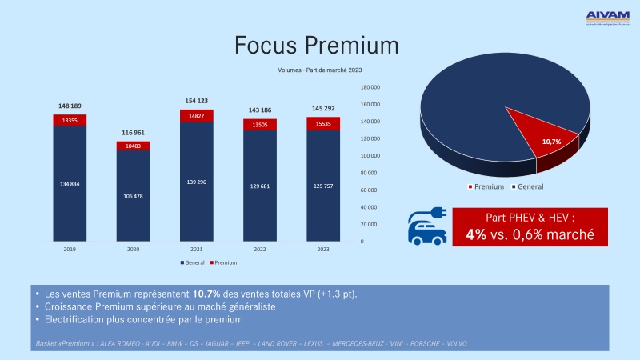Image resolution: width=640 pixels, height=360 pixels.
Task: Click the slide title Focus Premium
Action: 316,45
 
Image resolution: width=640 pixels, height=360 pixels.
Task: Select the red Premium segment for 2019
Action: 70,120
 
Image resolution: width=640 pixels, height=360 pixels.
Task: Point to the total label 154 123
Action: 196,101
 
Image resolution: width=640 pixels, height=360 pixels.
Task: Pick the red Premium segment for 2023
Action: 322,123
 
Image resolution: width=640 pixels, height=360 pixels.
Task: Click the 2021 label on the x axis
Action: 196,250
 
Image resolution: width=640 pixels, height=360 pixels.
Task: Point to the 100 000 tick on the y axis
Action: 369,155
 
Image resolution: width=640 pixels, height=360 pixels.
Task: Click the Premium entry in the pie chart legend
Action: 486,186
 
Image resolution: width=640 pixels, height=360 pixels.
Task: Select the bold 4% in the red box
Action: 478,236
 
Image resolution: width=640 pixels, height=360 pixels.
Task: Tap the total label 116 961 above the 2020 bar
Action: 133,132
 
